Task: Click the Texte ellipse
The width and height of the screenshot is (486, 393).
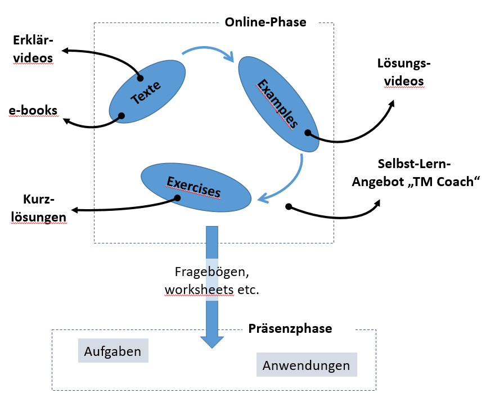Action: point(147,92)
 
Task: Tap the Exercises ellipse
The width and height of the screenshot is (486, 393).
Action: point(195,188)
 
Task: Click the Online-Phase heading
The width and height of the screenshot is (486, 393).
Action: point(265,22)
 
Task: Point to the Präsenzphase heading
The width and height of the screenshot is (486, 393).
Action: point(290,328)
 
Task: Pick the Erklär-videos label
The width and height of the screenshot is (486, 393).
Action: point(33,49)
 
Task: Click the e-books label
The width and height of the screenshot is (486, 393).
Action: point(33,110)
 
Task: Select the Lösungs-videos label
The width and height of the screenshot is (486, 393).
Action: point(403,73)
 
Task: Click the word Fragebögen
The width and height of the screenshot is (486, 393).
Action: point(211,272)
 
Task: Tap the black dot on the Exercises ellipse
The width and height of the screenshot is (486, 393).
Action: point(178,198)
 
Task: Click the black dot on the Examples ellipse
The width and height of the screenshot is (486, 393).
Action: point(308,133)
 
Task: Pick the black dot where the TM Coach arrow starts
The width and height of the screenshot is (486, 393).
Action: point(288,206)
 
